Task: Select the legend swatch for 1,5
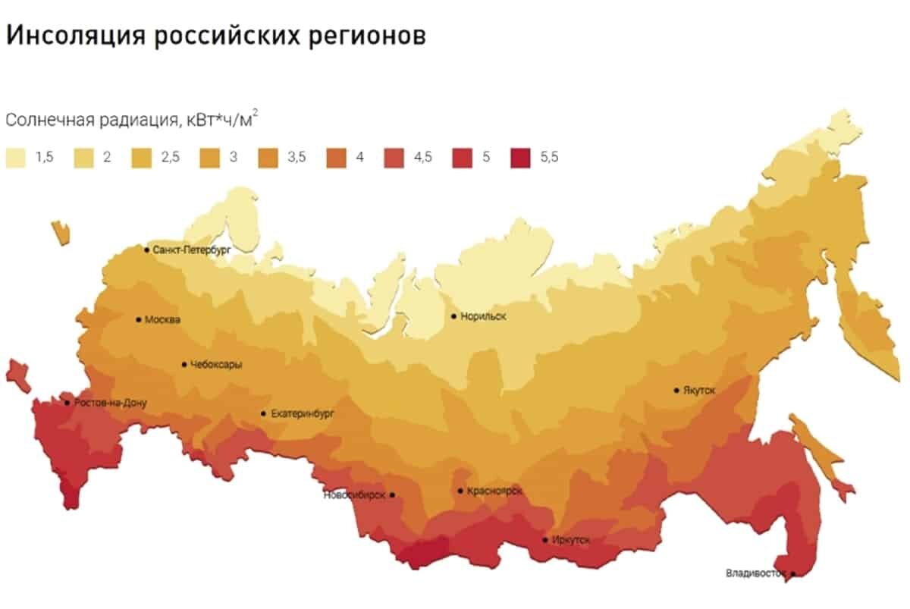point(16,157)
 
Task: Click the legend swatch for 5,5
point(519,157)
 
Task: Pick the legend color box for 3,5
point(267,157)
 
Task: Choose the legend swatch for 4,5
point(393,157)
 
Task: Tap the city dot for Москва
point(138,319)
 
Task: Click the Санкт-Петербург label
point(191,249)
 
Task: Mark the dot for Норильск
point(453,316)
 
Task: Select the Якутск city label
point(699,390)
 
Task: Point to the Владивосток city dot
point(793,574)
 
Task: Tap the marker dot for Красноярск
point(460,491)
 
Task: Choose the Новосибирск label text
point(354,495)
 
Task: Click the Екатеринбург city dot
point(263,413)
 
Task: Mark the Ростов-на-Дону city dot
point(67,403)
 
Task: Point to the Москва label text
point(163,320)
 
